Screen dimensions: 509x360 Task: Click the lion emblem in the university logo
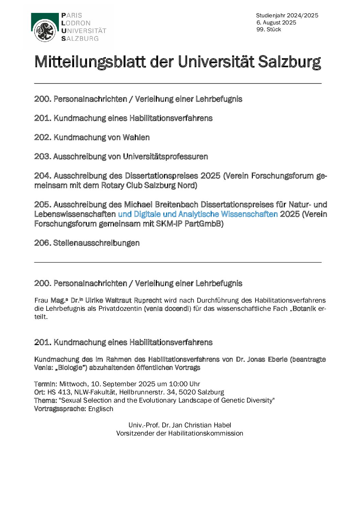point(45,31)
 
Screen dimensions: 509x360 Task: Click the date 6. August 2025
point(276,22)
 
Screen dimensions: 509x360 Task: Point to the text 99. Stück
point(269,30)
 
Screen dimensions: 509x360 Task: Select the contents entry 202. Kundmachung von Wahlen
point(92,137)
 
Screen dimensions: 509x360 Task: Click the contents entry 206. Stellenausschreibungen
point(87,243)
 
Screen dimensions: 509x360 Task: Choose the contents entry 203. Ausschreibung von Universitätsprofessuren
point(121,156)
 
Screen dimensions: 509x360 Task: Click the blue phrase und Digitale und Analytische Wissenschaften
point(198,214)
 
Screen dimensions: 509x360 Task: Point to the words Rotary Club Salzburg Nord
point(148,185)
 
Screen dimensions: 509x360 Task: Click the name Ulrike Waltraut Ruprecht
point(123,300)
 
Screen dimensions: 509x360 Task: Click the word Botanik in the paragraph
point(304,309)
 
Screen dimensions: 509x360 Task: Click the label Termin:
point(46,384)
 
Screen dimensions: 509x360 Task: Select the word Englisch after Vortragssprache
point(101,409)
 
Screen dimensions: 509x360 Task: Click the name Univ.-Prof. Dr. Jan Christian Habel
point(180,425)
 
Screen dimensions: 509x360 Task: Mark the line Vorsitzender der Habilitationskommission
point(180,433)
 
